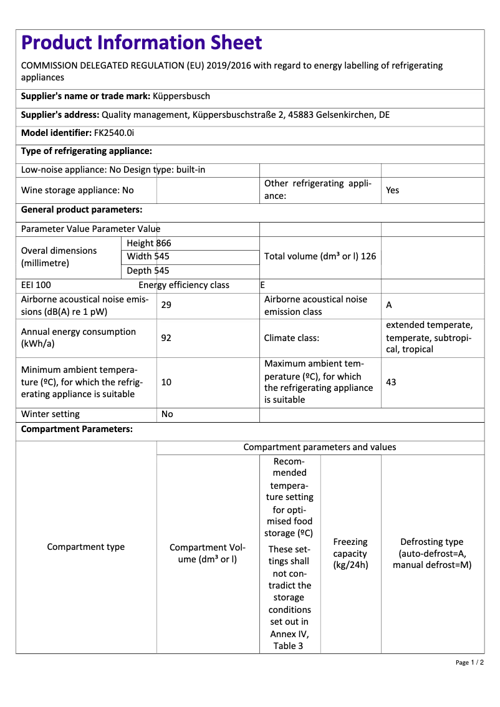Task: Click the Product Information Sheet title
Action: tap(142, 42)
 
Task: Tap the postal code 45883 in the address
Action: tap(302, 115)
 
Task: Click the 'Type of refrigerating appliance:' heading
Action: tap(87, 151)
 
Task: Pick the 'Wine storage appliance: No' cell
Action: tap(77, 190)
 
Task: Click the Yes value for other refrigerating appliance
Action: tap(392, 190)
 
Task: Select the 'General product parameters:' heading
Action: tap(82, 209)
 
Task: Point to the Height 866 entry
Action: tap(148, 243)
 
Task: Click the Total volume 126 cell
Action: tap(320, 256)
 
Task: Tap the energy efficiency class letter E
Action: tap(262, 285)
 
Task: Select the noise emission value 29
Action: tap(166, 305)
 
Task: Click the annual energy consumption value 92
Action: tap(166, 338)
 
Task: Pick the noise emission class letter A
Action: tap(389, 305)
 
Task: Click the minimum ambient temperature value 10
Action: tap(166, 382)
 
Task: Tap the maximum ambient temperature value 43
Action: tap(391, 382)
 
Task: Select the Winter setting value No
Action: tap(167, 414)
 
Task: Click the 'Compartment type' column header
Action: tap(86, 547)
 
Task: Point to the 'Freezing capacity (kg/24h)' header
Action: tap(350, 554)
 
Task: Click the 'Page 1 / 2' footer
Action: tap(469, 662)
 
